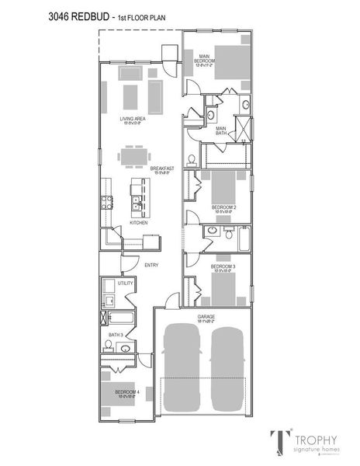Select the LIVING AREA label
[133, 119]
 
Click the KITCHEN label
[139, 222]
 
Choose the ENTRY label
[152, 265]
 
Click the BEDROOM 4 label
[126, 392]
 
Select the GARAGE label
[206, 317]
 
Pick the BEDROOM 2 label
[223, 207]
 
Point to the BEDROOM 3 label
[223, 266]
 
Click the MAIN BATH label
[221, 130]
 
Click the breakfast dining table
[133, 156]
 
